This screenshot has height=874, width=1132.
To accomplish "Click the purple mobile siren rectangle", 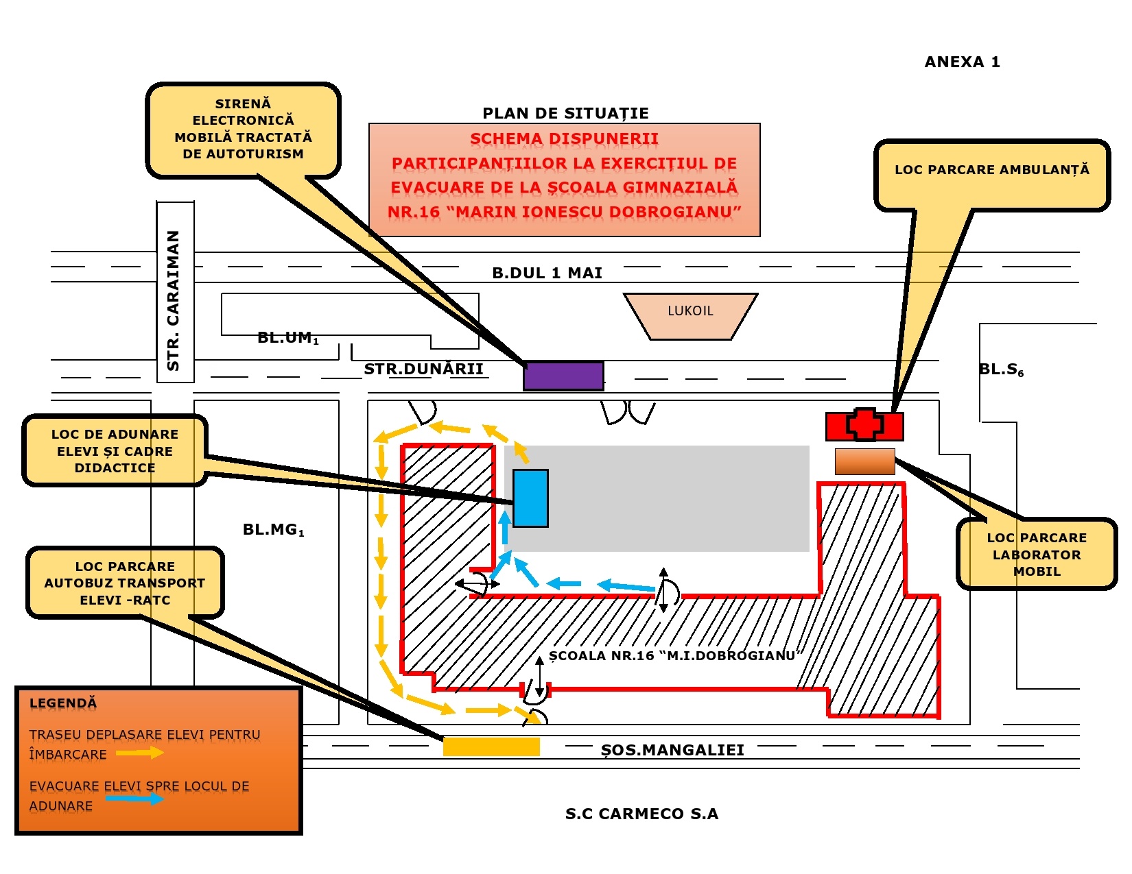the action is click(x=563, y=376).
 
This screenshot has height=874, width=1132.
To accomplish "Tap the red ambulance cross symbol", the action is click(x=864, y=425).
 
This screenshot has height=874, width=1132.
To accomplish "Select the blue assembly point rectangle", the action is click(x=530, y=498).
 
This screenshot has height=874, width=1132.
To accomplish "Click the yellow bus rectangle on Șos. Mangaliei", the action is click(x=491, y=746).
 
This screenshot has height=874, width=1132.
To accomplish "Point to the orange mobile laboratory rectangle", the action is click(x=864, y=461).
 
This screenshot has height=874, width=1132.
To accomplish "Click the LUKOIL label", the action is click(x=690, y=311).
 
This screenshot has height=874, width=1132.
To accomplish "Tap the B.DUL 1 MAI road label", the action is click(x=547, y=273).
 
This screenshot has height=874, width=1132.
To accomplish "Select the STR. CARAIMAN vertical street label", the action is click(x=174, y=300).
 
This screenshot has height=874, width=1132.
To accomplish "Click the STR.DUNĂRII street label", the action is click(x=423, y=369).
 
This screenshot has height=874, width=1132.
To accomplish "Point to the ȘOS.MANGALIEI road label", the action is click(x=672, y=750).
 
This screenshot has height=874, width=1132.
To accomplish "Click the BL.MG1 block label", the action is click(x=274, y=530).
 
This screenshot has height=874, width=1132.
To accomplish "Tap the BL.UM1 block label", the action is click(x=288, y=338).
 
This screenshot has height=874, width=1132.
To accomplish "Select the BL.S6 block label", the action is click(x=1001, y=369).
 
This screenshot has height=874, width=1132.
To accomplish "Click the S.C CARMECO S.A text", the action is click(x=641, y=814).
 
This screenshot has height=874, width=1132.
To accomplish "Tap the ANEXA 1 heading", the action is click(x=962, y=62).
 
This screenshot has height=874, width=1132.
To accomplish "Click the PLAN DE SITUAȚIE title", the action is click(x=566, y=113).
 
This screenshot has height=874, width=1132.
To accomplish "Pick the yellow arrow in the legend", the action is click(x=139, y=752).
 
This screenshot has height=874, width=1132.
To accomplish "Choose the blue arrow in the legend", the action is click(x=134, y=798).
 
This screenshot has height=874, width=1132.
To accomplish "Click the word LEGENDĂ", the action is click(x=63, y=703).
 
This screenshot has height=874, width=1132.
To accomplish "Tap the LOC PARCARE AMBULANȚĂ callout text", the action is click(x=992, y=170).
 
